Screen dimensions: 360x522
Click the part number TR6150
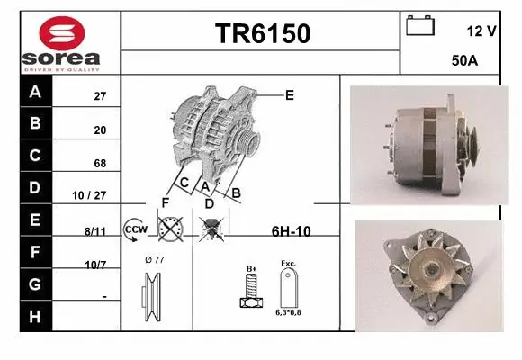[x=262, y=33]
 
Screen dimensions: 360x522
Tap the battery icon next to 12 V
[x=420, y=25]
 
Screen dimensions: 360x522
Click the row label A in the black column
[x=35, y=92]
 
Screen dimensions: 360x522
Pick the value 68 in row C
[x=100, y=164]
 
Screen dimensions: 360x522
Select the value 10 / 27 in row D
[x=94, y=194]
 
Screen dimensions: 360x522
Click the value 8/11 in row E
[x=95, y=231]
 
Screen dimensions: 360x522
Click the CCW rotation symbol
[x=136, y=229]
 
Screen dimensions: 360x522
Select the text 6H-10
[x=291, y=231]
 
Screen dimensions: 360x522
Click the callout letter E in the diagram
[x=290, y=94]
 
